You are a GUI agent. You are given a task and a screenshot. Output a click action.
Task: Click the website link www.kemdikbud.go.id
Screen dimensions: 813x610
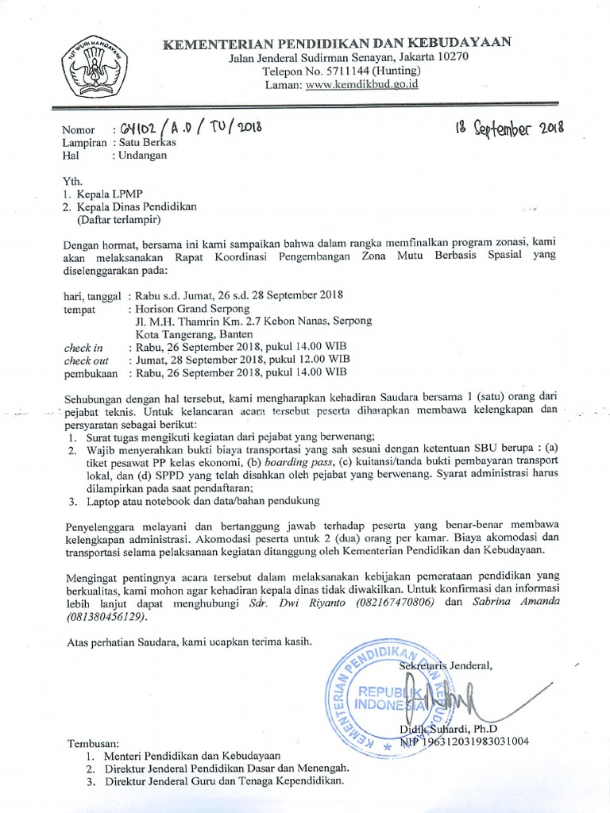click(361, 84)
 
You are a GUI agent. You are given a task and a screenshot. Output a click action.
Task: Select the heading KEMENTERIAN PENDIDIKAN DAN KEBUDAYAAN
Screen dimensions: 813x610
click(338, 42)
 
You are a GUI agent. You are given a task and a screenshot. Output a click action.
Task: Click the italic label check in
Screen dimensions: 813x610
click(83, 348)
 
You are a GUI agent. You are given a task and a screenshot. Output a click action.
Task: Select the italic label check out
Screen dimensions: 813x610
click(86, 360)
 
